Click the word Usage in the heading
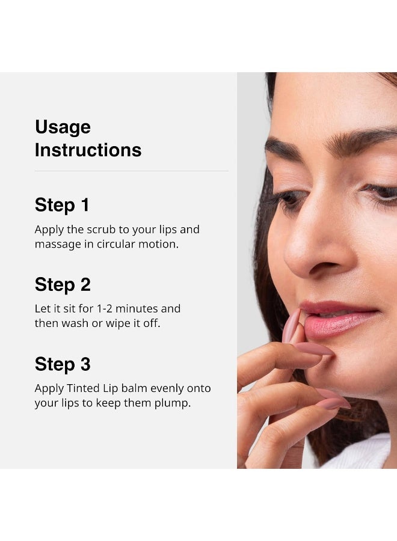tap(63, 127)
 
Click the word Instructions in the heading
tap(88, 150)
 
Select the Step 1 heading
tap(62, 205)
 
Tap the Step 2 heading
tap(63, 284)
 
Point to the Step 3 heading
tap(63, 364)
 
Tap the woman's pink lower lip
tap(337, 325)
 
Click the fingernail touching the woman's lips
tap(292, 325)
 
